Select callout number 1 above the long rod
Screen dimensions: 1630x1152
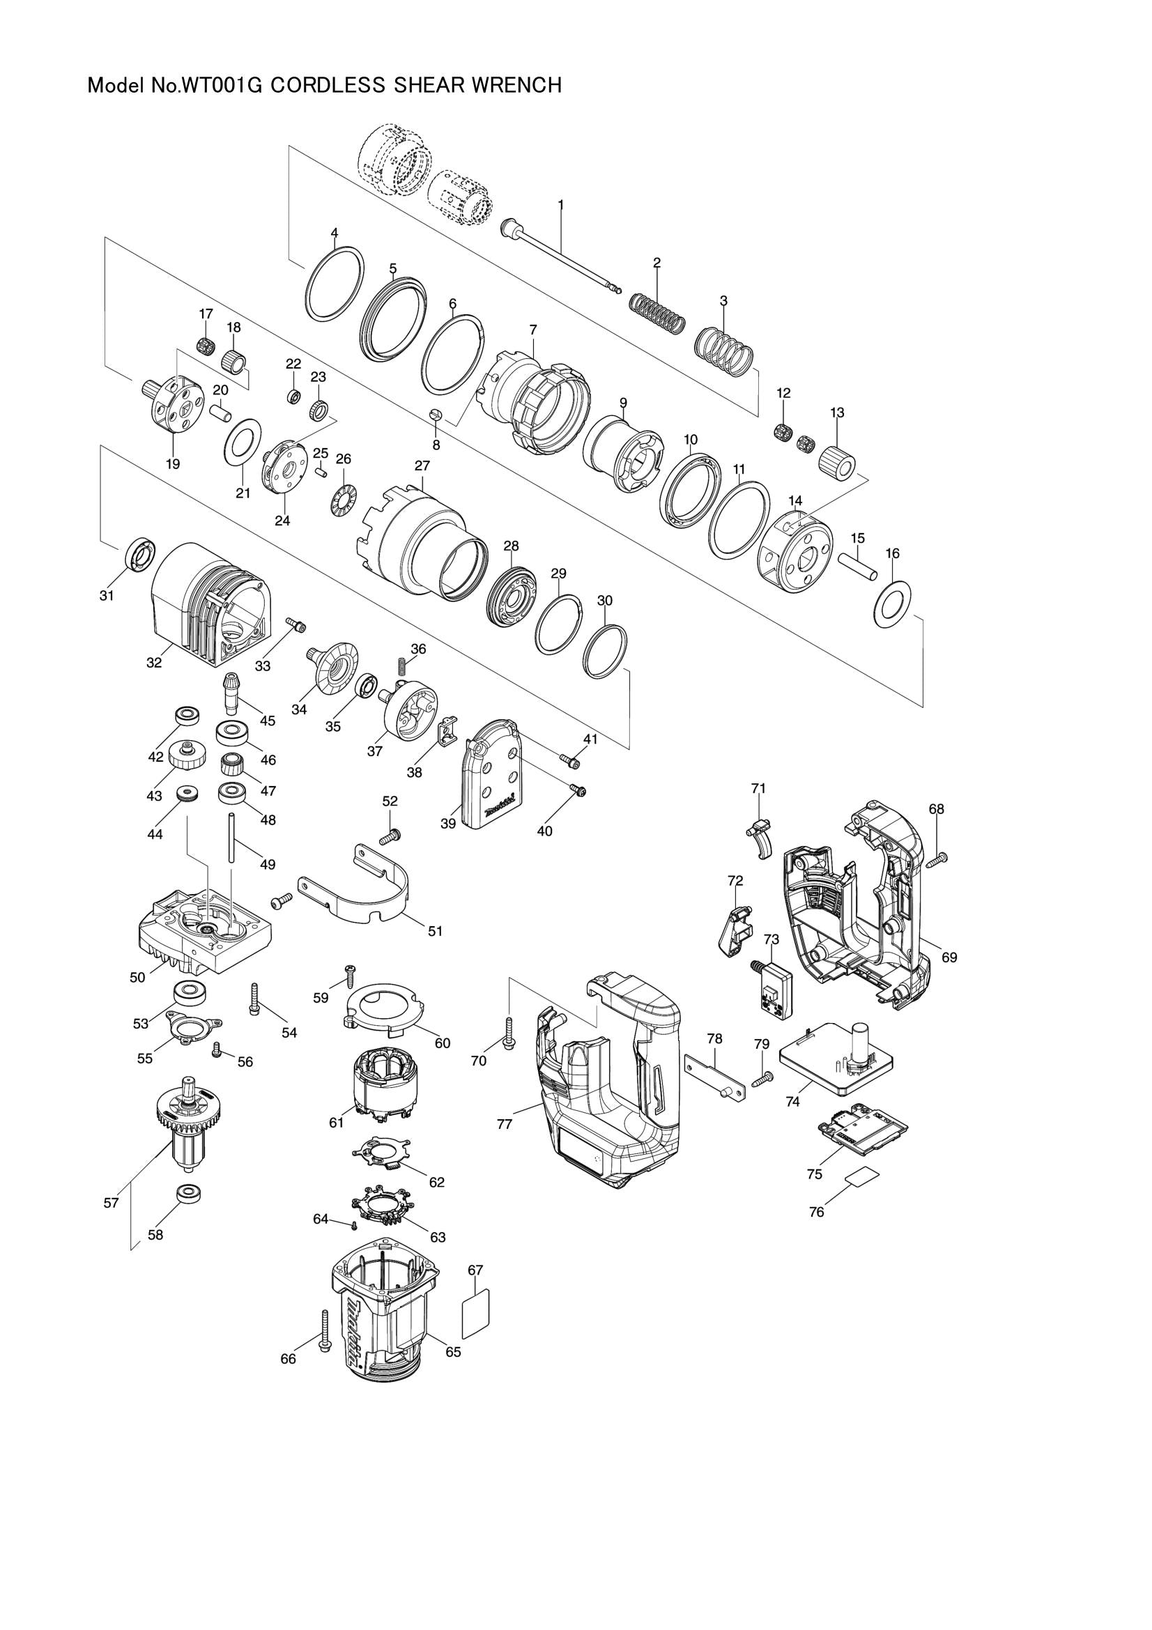(561, 203)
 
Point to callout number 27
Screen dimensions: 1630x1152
(422, 466)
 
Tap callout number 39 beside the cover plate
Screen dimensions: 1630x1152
(448, 824)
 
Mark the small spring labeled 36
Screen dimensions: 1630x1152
(401, 668)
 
